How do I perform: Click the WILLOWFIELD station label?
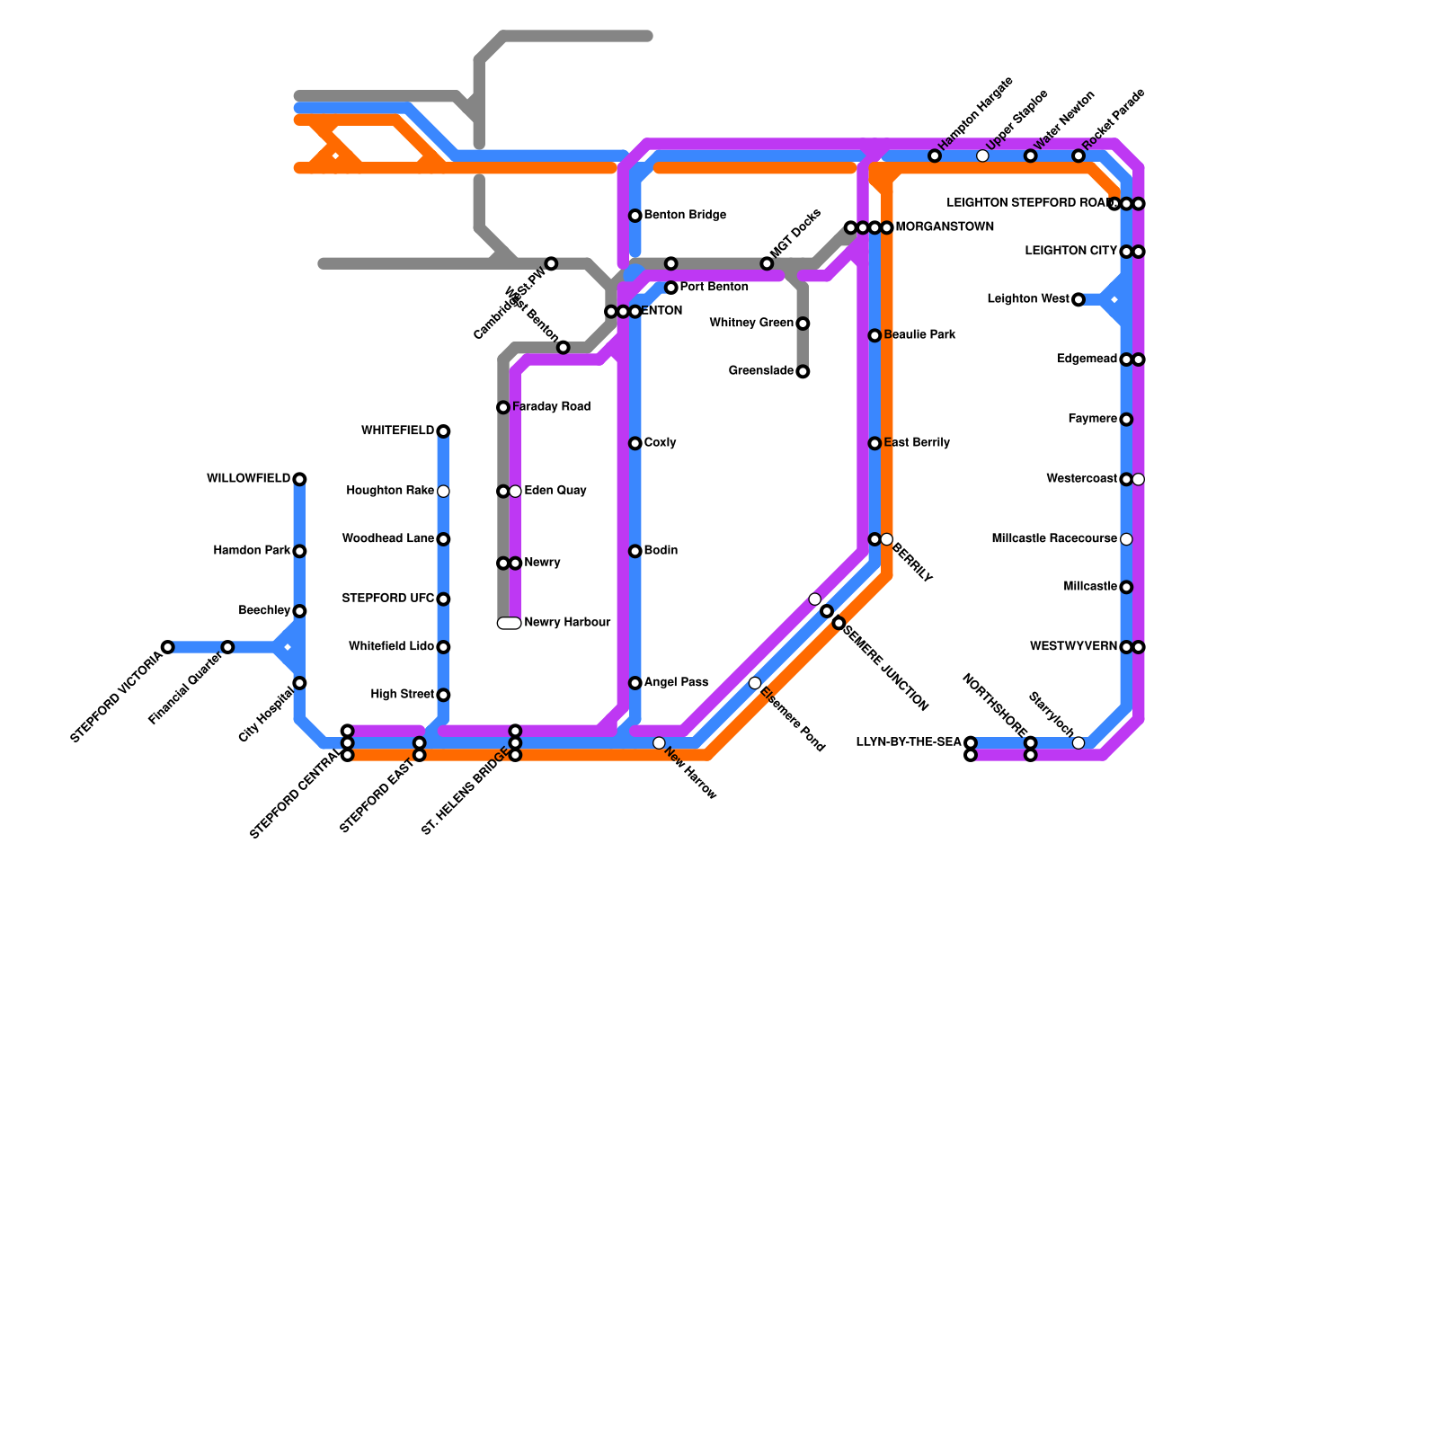click(x=248, y=479)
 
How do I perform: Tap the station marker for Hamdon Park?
click(x=299, y=551)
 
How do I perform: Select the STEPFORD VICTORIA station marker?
click(x=167, y=647)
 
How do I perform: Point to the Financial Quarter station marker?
click(x=227, y=647)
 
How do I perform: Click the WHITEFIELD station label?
click(x=397, y=431)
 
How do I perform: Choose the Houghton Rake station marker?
click(x=443, y=491)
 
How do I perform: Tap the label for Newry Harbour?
click(x=567, y=623)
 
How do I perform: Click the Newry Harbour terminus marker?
click(x=509, y=623)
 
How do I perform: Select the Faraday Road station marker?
click(x=503, y=407)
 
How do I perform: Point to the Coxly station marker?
click(x=635, y=443)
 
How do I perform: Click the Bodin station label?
click(x=661, y=551)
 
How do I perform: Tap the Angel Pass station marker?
click(x=635, y=683)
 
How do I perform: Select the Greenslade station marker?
click(x=803, y=371)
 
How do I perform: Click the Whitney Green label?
click(x=751, y=324)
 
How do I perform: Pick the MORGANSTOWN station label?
click(x=945, y=227)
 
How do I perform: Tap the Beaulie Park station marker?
click(x=874, y=335)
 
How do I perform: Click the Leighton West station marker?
click(x=1078, y=299)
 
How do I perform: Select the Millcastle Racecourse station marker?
click(x=1126, y=539)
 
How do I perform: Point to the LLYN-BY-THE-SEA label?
click(x=909, y=742)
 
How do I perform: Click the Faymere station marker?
click(x=1126, y=419)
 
